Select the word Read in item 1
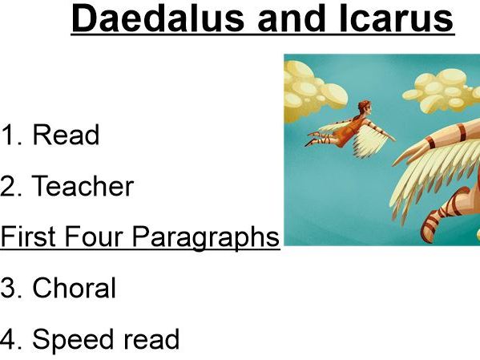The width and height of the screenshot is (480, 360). pos(66,136)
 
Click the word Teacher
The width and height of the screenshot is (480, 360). pos(83,187)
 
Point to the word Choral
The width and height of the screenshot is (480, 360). pos(74,288)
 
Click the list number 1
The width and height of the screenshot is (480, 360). pos(8,136)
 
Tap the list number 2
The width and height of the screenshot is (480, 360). pos(9,187)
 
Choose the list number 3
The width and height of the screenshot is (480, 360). pos(9,288)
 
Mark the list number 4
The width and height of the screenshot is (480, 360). pos(9,340)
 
